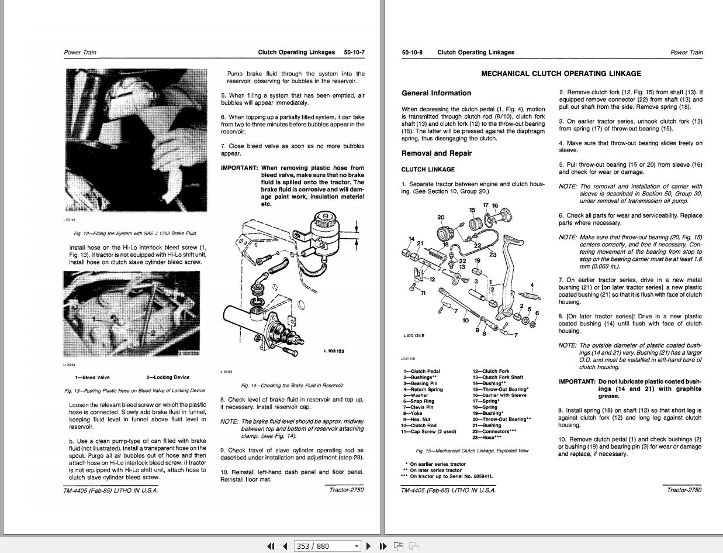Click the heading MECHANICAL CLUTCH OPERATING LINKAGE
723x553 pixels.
[x=561, y=74]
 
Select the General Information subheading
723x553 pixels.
[x=436, y=93]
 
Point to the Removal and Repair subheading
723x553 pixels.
[x=436, y=153]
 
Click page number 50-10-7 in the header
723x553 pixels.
[x=354, y=52]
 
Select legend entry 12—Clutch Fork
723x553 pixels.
[x=491, y=371]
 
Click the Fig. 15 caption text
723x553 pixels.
[x=472, y=451]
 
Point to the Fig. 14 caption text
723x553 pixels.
[x=292, y=386]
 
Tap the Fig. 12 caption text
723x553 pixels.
[x=134, y=233]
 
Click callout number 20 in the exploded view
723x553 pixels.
[x=441, y=218]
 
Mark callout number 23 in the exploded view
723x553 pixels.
[x=493, y=254]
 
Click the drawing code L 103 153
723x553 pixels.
[x=334, y=351]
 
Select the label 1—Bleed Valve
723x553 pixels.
[x=92, y=377]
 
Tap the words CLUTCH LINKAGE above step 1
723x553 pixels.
[x=427, y=170]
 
